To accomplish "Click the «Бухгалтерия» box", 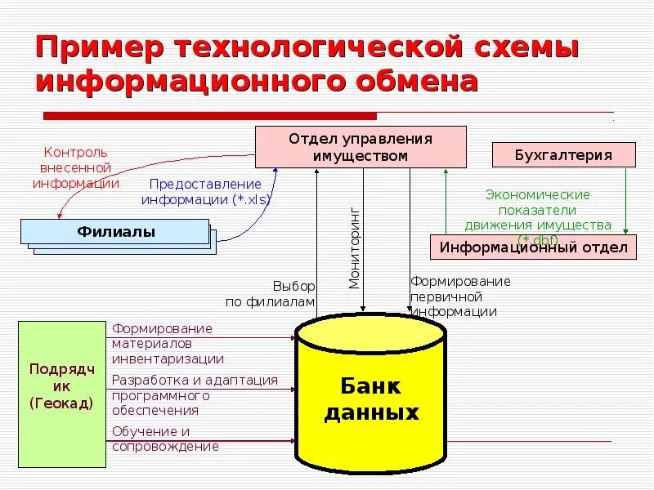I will pos(563,155).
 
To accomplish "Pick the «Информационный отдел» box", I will pos(533,247).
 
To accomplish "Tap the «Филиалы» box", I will pos(116,232).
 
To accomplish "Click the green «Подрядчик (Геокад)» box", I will pos(61,394).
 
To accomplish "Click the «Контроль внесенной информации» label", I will pos(75,167).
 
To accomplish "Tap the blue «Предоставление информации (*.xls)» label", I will pos(206,192).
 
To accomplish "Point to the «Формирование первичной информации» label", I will pos(459,296).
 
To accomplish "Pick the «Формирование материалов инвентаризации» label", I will pos(168,343).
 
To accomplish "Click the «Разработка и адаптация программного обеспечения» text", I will pos(195,395).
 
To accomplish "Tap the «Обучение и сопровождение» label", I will pos(165,439).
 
